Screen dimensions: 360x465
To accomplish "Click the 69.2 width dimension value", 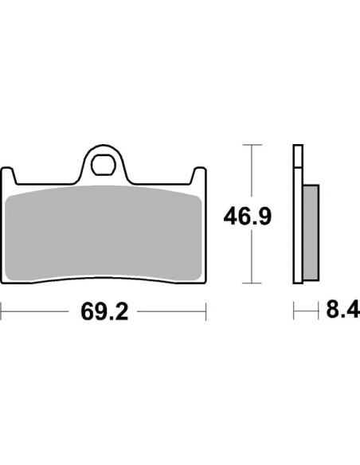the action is [104, 311].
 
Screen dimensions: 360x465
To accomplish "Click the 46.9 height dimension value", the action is [248, 217].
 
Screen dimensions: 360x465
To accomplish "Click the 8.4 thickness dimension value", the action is [343, 310].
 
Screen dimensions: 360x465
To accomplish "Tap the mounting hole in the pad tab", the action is [104, 164].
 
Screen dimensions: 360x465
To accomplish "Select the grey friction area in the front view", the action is [104, 233].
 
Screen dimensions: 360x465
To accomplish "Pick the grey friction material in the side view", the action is [311, 232].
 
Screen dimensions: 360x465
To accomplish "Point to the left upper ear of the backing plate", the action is [8, 175].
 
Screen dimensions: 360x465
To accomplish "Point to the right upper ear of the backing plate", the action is [198, 175].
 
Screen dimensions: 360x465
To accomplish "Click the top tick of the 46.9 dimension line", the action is [252, 145].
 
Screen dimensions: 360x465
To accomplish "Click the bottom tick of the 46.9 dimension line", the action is [252, 283].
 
